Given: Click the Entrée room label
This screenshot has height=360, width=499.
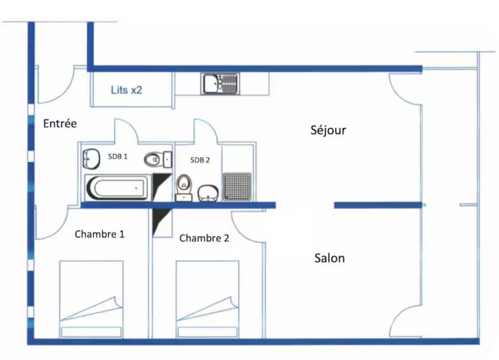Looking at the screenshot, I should point(60,123).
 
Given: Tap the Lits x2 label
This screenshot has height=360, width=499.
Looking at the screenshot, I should point(126,91).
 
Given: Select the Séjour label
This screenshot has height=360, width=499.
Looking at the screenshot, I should point(328,130).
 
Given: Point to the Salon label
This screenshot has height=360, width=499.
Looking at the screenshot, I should point(330,258).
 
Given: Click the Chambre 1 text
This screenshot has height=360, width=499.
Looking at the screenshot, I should point(100,234).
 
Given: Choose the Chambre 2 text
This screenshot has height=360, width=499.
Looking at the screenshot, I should point(204,238).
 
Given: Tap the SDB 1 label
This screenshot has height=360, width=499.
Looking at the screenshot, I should point(118,156).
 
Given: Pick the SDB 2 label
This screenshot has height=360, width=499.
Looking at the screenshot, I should point(200,160).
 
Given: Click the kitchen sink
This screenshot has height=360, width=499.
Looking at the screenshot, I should point(220,83).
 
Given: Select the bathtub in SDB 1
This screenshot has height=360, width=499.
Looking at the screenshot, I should point(118,188).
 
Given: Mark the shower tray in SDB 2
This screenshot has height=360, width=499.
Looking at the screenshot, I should point(237,186).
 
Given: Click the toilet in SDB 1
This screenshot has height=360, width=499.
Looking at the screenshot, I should point(156,160).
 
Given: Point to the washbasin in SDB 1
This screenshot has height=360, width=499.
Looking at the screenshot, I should point(91,159).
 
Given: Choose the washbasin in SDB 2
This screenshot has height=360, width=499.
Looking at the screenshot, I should point(208,193).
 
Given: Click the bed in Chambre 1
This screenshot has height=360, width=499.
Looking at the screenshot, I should point(91,299).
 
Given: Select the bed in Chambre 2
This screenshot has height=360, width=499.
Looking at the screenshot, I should point(208,299).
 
